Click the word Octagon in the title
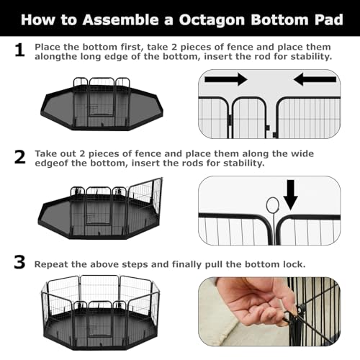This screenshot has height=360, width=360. [212, 19]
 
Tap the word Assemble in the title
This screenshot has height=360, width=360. [120, 19]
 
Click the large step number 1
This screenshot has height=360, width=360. [19, 50]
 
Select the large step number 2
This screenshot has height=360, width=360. [19, 157]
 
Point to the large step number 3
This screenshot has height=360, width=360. [19, 262]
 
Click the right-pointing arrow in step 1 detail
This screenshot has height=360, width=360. [226, 79]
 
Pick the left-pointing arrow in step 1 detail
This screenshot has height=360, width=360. [315, 79]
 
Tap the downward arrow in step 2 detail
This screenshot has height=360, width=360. [291, 195]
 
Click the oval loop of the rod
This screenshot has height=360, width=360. [273, 205]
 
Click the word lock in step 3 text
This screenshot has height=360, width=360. [295, 264]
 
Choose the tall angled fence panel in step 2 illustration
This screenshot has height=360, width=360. [145, 197]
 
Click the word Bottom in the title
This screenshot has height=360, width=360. [279, 19]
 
